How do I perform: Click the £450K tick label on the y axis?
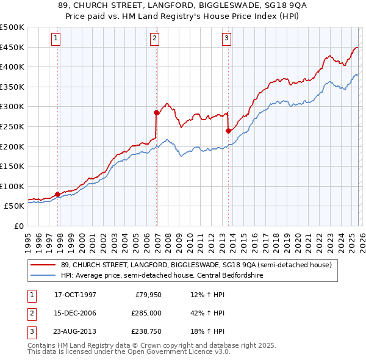click(x=12, y=47)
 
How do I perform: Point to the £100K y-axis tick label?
click(x=12, y=186)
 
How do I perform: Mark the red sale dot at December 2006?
click(x=156, y=112)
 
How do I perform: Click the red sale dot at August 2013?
click(x=228, y=131)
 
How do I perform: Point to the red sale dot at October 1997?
click(x=58, y=194)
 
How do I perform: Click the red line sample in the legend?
click(x=44, y=265)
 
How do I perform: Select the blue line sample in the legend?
click(x=44, y=275)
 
